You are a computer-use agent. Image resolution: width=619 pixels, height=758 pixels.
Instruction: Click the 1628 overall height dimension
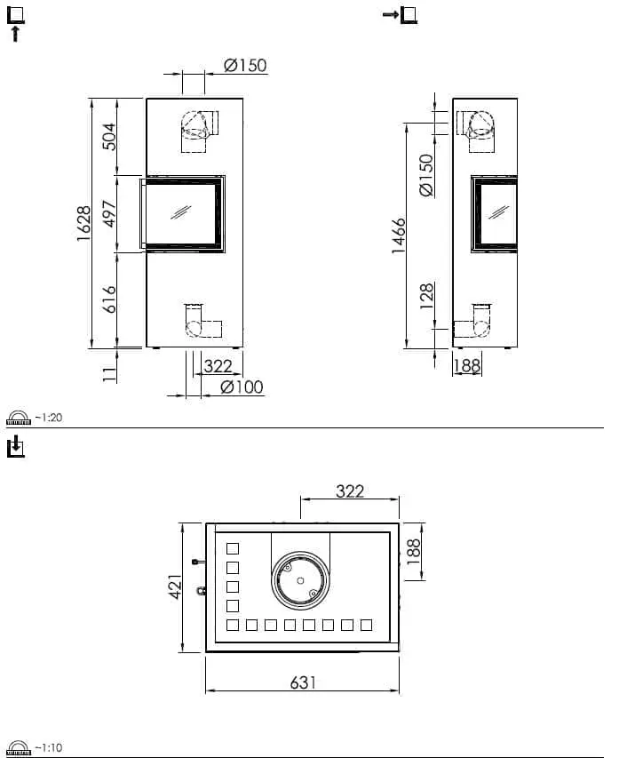point(83,223)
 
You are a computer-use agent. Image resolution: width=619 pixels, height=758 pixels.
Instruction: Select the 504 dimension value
point(110,137)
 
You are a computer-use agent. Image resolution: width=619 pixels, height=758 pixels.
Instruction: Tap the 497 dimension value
point(110,213)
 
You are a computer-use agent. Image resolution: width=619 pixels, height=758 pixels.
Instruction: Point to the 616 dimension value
point(110,299)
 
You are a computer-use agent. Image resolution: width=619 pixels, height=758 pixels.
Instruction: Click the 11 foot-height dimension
point(110,374)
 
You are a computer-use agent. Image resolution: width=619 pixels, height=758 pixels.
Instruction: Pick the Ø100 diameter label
point(242,387)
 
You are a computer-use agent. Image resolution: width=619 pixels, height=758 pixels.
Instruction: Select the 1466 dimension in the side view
point(399,235)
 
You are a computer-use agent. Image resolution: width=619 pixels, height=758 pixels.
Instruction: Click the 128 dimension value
point(426,296)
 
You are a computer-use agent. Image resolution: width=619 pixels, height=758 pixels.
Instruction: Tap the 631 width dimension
point(303,682)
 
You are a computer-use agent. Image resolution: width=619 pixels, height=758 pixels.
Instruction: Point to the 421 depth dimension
point(176,586)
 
